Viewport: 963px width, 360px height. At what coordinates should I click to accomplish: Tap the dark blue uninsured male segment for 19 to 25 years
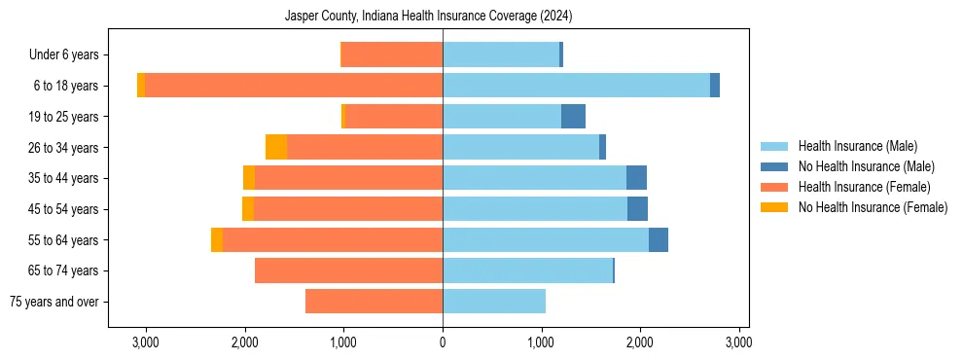tap(573, 117)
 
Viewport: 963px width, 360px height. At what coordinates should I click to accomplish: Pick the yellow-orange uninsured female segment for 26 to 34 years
tap(276, 147)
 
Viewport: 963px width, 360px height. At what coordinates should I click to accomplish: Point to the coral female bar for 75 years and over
tap(374, 302)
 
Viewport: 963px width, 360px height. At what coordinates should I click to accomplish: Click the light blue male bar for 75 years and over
tap(494, 302)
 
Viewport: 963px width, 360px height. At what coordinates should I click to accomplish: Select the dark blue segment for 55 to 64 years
tap(659, 239)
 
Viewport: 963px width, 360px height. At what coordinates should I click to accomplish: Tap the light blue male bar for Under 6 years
tap(501, 54)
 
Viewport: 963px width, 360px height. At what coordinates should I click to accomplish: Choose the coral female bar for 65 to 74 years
tap(348, 270)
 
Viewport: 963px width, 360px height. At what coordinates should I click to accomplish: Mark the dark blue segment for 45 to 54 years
tap(637, 209)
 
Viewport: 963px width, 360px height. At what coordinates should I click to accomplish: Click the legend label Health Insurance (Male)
tap(857, 146)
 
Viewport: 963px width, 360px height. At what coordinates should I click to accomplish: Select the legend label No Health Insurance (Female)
tap(873, 207)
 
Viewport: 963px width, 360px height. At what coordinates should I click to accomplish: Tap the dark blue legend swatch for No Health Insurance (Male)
tap(774, 166)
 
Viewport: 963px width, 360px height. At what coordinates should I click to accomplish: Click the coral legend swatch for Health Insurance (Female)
tap(774, 187)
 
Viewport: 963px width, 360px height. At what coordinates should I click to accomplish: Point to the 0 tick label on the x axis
tap(443, 342)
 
